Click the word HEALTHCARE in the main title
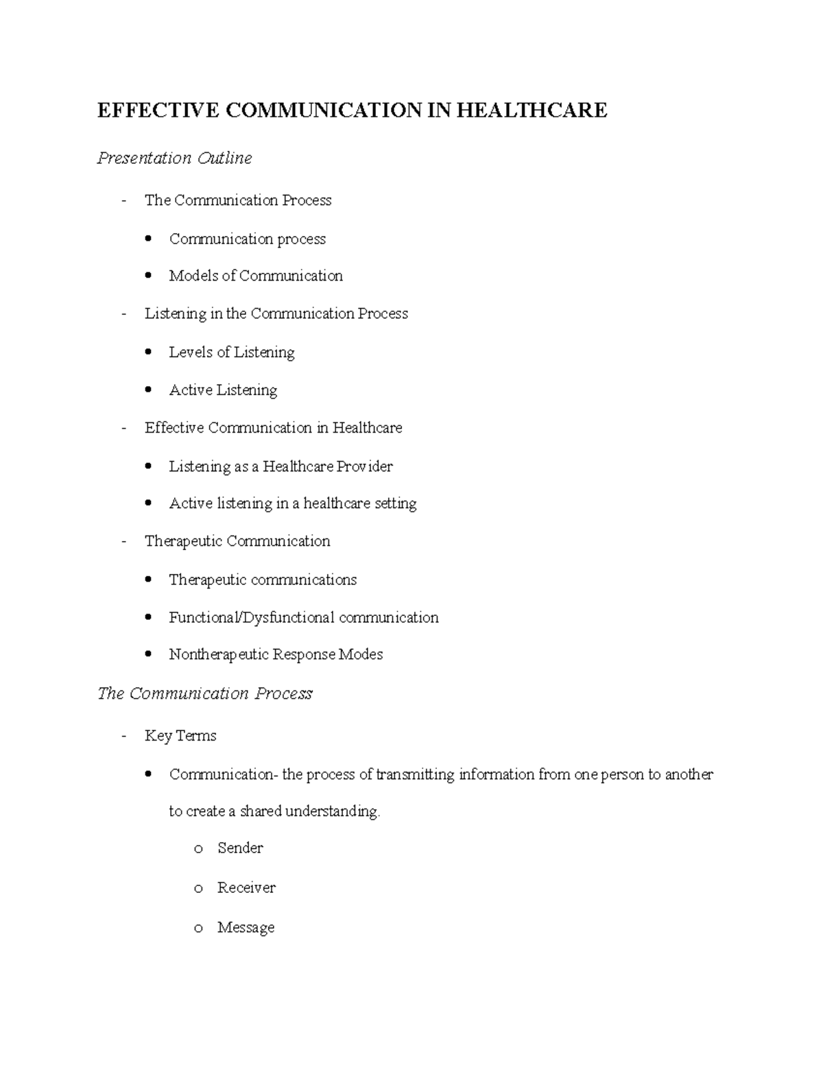[532, 110]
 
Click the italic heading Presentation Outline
[174, 158]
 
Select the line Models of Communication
[256, 276]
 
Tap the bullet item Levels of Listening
[232, 352]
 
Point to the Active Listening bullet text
[223, 390]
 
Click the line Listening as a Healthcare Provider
[281, 467]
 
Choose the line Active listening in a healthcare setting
[293, 503]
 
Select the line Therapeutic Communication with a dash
[237, 541]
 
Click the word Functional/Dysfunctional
[252, 618]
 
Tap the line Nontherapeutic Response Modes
[276, 654]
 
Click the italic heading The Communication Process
[204, 694]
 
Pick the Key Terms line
[180, 736]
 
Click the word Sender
[240, 848]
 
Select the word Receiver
[246, 888]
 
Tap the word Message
[246, 928]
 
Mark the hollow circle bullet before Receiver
[198, 889]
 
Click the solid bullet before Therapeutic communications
[149, 580]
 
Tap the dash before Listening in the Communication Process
[123, 314]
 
